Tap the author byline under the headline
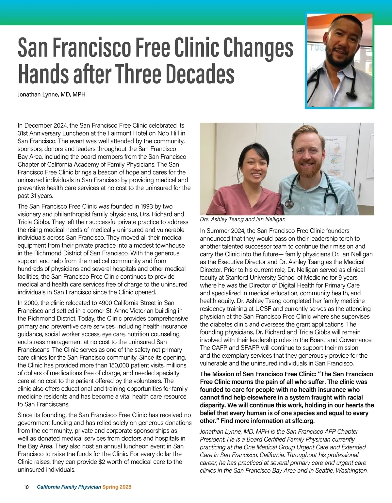(x=51, y=95)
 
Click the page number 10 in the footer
(x=26, y=487)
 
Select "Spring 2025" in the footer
(x=117, y=487)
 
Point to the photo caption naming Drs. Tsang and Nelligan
(x=242, y=219)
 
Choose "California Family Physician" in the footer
(x=69, y=487)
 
